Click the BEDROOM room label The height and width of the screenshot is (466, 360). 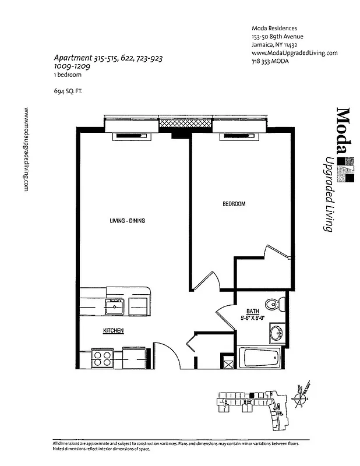(234, 204)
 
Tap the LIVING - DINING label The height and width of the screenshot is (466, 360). (127, 221)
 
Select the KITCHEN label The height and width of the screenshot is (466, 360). (113, 331)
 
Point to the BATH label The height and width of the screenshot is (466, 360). (252, 311)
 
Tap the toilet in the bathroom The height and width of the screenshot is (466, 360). (274, 304)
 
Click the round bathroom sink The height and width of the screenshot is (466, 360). (277, 333)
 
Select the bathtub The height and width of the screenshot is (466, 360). (261, 356)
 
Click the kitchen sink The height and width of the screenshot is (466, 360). (114, 306)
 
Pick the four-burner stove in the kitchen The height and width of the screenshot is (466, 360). (103, 358)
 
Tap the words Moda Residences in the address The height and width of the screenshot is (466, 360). (274, 29)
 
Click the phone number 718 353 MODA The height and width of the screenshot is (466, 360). (271, 62)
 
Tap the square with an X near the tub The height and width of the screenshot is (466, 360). (229, 365)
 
